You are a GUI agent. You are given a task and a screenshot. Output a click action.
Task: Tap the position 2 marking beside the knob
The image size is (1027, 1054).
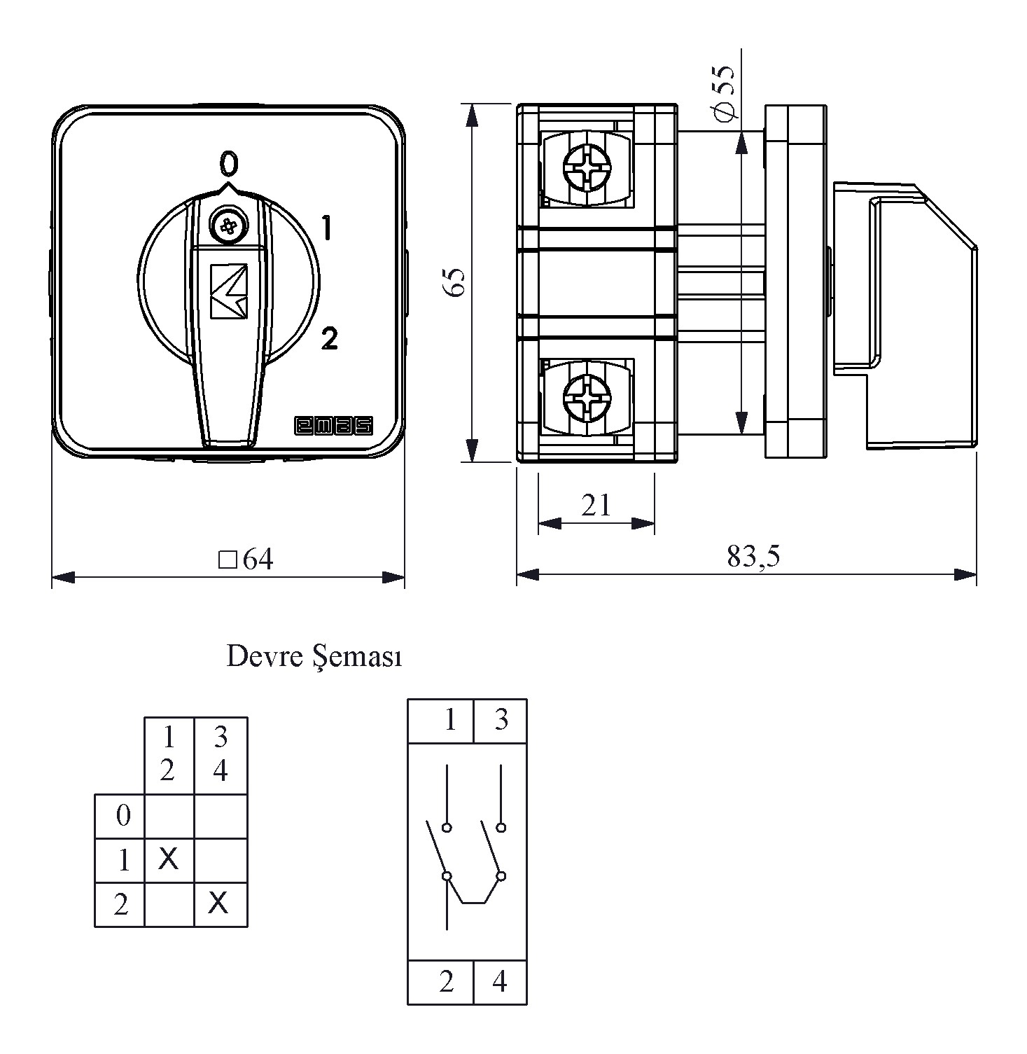pyautogui.click(x=329, y=338)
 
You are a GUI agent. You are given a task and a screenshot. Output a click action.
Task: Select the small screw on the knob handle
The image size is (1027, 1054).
pyautogui.click(x=228, y=226)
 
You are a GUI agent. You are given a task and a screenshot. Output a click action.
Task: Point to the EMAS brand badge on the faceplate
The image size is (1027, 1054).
pyautogui.click(x=333, y=426)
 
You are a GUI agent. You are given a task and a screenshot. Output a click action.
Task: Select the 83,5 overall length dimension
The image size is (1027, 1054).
pyautogui.click(x=753, y=556)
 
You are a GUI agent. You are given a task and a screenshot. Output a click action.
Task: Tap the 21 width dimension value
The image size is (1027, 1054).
pyautogui.click(x=596, y=504)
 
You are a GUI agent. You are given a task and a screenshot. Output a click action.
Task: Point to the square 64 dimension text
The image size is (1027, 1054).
pyautogui.click(x=246, y=559)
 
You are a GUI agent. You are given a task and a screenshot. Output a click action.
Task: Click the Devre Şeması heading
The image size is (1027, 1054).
pyautogui.click(x=314, y=657)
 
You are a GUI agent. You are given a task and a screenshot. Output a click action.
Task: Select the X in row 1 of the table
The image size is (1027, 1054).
pyautogui.click(x=168, y=857)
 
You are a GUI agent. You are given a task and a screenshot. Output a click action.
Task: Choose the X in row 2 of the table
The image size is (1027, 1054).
pyautogui.click(x=218, y=903)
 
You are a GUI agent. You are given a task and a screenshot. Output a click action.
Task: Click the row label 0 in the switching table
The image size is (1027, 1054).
pyautogui.click(x=123, y=815)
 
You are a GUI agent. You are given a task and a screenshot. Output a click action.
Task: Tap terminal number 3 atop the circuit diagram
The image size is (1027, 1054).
pyautogui.click(x=501, y=719)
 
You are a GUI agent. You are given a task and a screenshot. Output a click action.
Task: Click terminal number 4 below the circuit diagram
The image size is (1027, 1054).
pyautogui.click(x=499, y=982)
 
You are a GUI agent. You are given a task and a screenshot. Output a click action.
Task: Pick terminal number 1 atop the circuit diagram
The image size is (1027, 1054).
pyautogui.click(x=449, y=719)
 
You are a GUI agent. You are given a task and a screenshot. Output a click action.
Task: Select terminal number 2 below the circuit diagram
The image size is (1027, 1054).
pyautogui.click(x=447, y=982)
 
